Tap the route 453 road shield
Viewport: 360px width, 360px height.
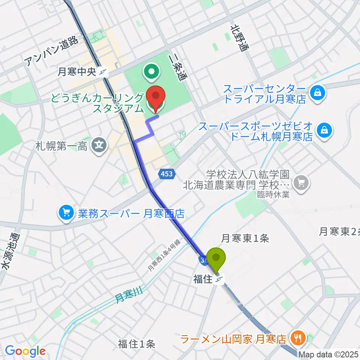168,173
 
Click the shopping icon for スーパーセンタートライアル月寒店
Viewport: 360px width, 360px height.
317,91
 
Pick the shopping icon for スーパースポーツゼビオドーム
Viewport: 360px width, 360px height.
322,130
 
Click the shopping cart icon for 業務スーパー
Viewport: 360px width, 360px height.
67,213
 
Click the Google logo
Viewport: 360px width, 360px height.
25,351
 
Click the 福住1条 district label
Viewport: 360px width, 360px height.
136,343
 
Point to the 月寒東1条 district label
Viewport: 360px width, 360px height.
245,238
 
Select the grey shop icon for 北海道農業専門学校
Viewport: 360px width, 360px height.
301,183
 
